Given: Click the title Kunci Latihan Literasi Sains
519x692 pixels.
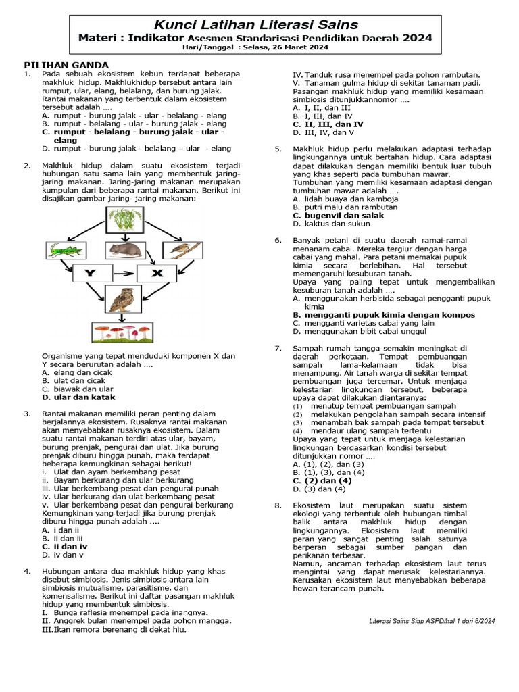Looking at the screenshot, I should [x=255, y=25].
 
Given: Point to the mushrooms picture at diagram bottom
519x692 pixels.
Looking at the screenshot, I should [x=122, y=332].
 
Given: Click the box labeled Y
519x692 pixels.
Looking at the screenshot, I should [x=89, y=274].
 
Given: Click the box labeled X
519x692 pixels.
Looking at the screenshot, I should [x=157, y=274].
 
